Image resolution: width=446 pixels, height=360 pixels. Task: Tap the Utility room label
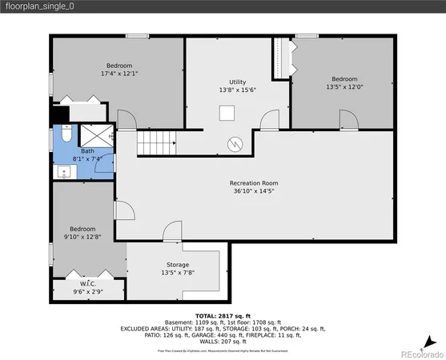pos(238,82)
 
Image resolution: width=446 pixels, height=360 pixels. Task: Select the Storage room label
pos(178,264)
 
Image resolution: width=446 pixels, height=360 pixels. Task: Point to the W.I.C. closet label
pos(87,283)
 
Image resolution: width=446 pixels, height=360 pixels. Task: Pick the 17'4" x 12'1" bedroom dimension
pos(119,74)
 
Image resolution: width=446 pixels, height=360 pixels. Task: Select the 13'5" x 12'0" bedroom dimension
pos(344,87)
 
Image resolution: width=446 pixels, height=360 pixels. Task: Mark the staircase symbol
pos(156,144)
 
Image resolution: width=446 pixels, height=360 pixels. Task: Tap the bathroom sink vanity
pos(62,170)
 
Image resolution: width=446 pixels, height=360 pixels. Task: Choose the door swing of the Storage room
pos(172,234)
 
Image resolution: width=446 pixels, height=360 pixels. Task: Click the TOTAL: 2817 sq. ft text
pos(222,317)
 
